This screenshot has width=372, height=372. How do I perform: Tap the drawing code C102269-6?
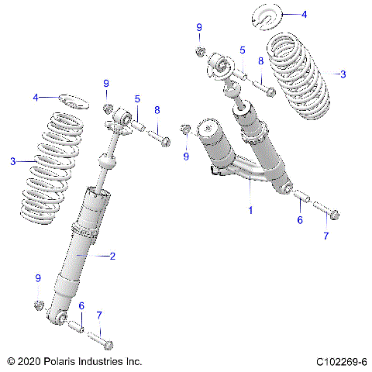tap(341, 362)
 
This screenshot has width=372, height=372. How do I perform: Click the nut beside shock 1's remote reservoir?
tap(186, 130)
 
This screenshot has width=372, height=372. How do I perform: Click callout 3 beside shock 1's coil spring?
tap(342, 74)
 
